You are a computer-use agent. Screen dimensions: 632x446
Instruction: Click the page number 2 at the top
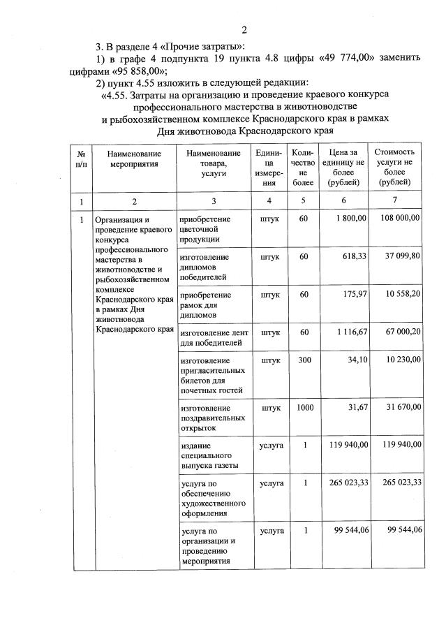coord(244,29)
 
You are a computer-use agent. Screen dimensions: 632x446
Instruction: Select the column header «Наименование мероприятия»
coord(135,159)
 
